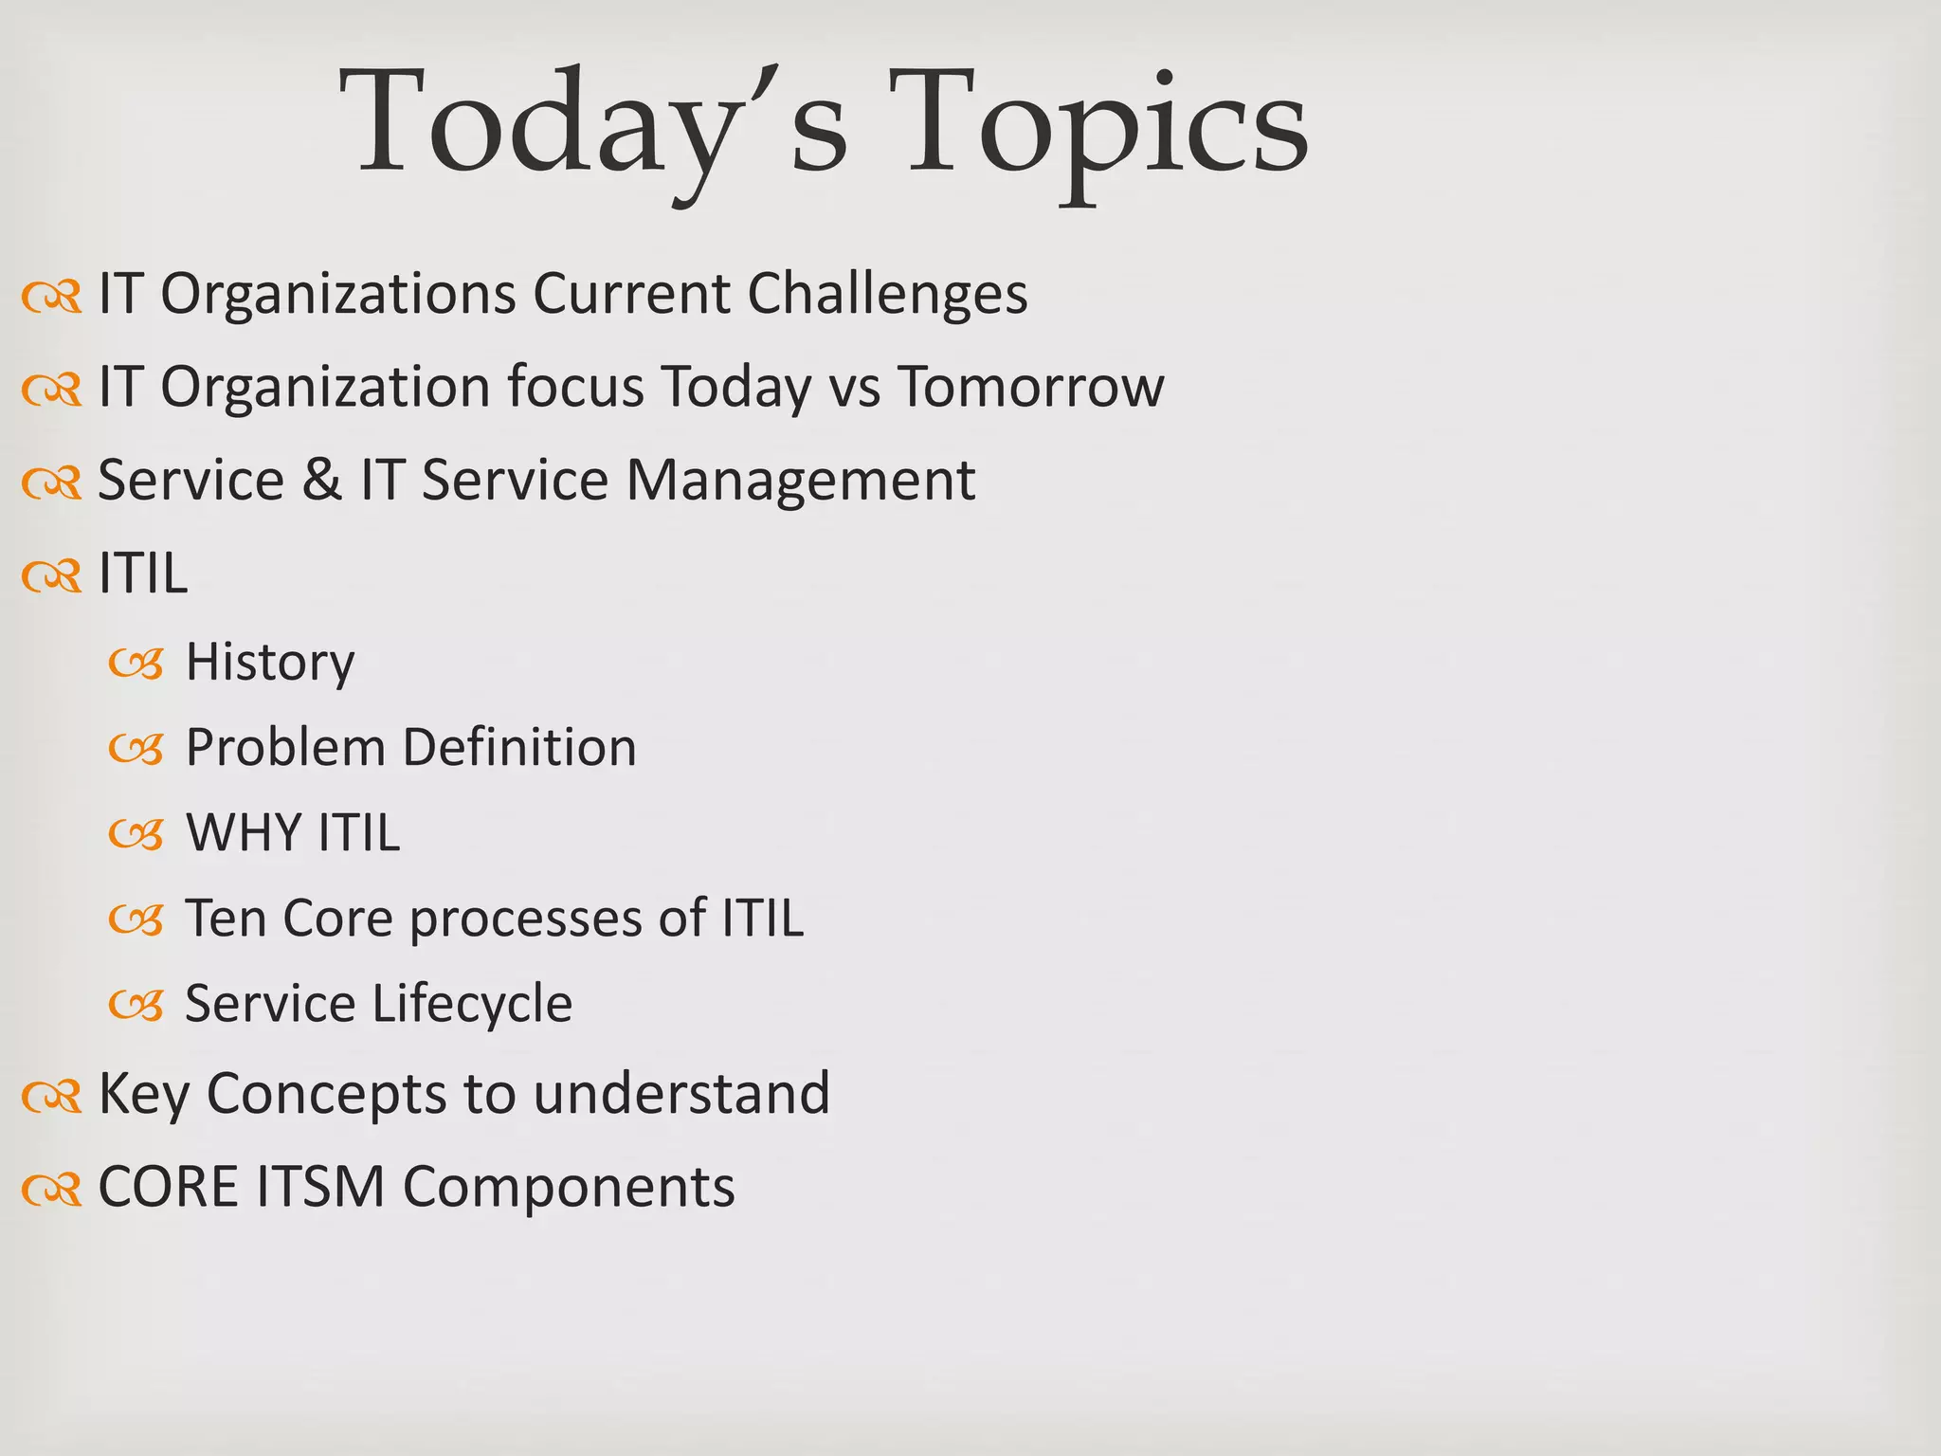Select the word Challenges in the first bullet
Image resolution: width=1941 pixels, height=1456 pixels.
(x=887, y=294)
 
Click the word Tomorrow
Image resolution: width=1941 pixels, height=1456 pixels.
(x=1030, y=387)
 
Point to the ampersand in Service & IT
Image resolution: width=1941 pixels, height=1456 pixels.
(x=322, y=480)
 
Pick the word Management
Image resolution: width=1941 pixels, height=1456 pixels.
(x=800, y=480)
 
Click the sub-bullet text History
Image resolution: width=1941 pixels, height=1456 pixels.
(x=270, y=662)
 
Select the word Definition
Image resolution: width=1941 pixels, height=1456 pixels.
(x=519, y=747)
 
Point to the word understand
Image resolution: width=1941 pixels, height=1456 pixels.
(x=681, y=1093)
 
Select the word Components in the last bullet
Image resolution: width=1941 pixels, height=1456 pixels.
(x=569, y=1186)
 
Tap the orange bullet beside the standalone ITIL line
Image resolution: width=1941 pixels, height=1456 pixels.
(x=52, y=575)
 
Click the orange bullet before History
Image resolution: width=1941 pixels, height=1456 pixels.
(x=136, y=664)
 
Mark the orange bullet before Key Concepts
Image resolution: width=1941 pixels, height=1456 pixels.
(x=52, y=1096)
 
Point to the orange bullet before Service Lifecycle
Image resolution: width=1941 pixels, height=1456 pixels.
(x=136, y=1005)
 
